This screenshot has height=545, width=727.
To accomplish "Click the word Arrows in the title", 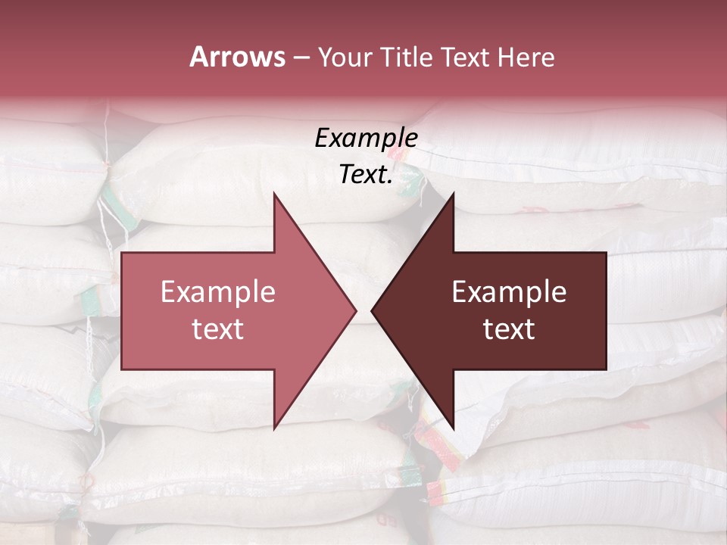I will (237, 57).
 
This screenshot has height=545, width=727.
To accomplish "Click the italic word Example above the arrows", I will (366, 139).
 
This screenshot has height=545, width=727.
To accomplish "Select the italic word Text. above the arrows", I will (366, 175).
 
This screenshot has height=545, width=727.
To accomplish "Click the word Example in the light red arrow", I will (218, 292).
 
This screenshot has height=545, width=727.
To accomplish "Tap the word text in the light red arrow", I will (218, 329).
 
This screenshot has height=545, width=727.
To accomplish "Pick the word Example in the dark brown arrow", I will (509, 292).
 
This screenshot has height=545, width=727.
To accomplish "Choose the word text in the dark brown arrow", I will (509, 329).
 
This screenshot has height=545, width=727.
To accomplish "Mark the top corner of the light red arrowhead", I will (275, 195).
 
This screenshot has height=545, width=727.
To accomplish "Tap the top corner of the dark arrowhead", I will (453, 195).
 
